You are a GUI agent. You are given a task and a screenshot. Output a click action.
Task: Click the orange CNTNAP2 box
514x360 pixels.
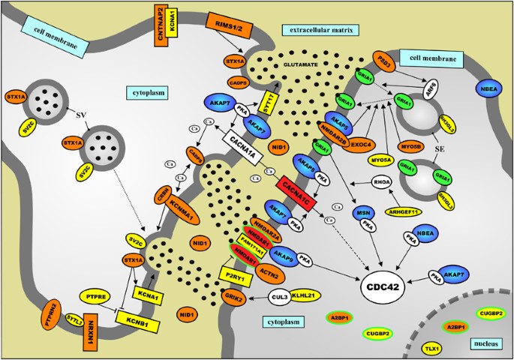tap(161, 29)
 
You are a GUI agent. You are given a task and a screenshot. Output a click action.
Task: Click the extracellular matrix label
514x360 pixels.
tap(322, 31)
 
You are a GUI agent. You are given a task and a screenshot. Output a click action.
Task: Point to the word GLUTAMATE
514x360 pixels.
tap(300, 64)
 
